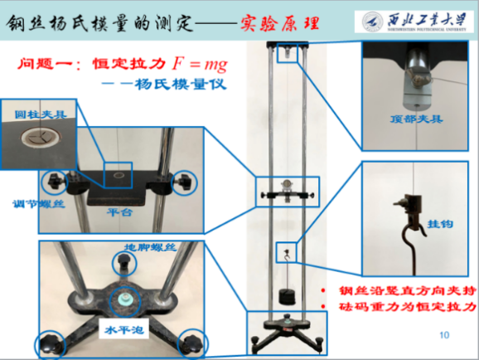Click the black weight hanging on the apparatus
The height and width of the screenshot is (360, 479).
click(288, 294)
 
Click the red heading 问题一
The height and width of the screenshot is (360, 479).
click(48, 63)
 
